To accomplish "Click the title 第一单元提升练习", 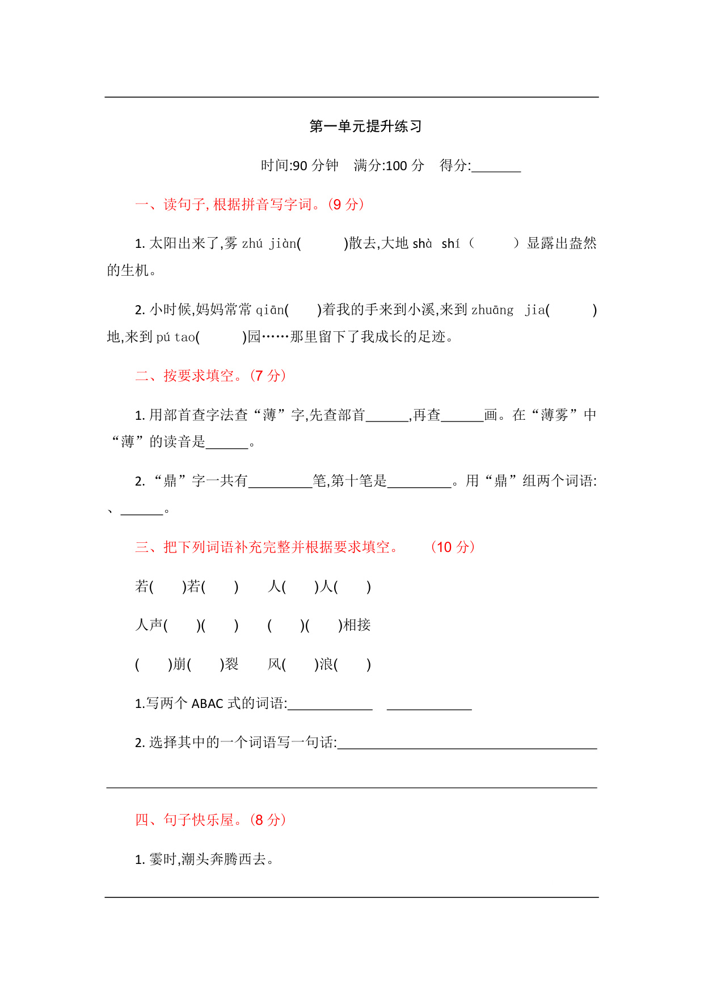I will pos(365,127).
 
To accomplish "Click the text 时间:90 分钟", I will pos(299,166).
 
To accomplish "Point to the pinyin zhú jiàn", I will pos(269,244).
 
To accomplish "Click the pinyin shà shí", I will pos(436,244).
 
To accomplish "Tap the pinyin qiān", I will pos(269,310).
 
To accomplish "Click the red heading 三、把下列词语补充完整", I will pos(267,547).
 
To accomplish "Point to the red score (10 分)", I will pos(453,547).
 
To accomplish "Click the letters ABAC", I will pos(208,704).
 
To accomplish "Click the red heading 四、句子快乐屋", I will pos(210,820).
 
